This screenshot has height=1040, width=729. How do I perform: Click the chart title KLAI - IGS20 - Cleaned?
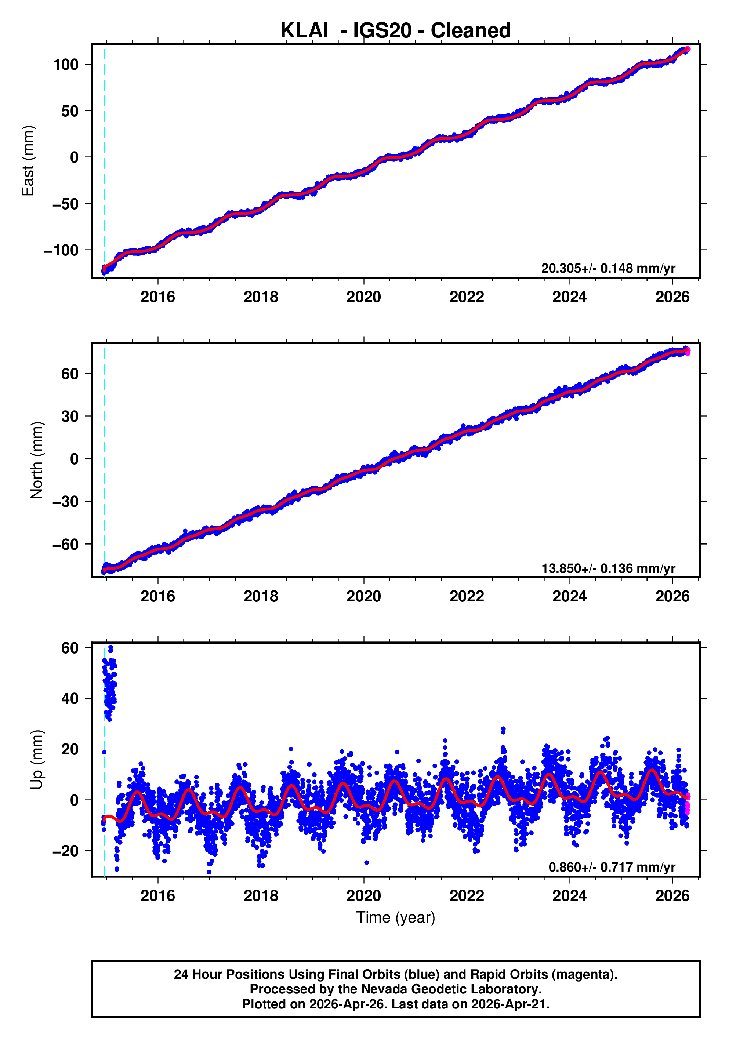click(x=396, y=31)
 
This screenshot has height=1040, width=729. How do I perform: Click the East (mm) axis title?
click(x=28, y=161)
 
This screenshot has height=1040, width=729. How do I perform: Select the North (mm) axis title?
click(x=37, y=460)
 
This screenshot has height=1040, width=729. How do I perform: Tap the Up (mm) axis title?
click(x=37, y=759)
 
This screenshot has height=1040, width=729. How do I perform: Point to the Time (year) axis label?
click(x=396, y=918)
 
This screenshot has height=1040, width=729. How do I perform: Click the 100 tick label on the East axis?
click(x=66, y=65)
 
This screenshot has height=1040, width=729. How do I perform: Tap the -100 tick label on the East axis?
click(x=61, y=251)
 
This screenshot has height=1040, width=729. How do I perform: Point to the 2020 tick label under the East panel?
click(x=363, y=297)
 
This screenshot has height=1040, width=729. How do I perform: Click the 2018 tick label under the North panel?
click(x=261, y=597)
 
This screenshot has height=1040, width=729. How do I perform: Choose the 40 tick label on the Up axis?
click(x=70, y=698)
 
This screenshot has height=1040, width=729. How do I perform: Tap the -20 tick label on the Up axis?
click(x=65, y=851)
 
